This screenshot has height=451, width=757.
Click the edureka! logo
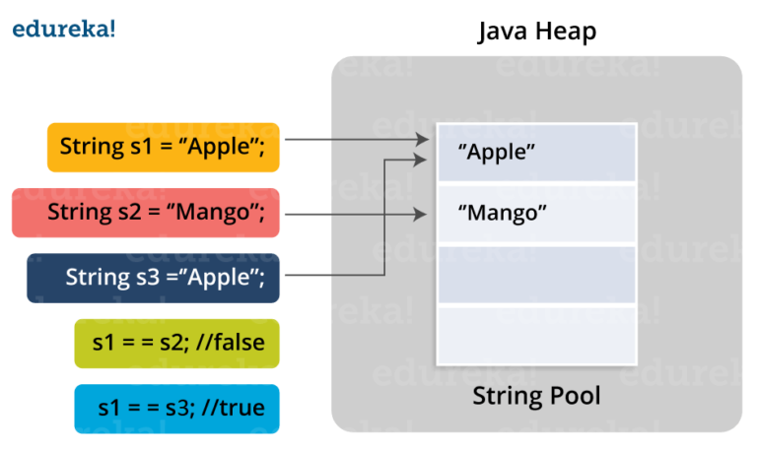(63, 30)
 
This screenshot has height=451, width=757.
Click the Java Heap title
(536, 32)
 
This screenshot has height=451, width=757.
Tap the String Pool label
(536, 397)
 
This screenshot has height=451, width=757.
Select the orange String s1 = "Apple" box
(163, 147)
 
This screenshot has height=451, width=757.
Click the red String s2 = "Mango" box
(145, 212)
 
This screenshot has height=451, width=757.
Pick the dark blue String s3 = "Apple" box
(153, 277)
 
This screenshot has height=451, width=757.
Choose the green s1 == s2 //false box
(176, 344)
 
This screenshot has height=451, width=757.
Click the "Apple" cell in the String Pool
(536, 153)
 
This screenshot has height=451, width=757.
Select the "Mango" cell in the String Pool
(536, 213)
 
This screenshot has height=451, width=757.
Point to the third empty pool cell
(536, 274)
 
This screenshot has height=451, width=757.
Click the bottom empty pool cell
(536, 337)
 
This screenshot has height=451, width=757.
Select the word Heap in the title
(567, 32)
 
